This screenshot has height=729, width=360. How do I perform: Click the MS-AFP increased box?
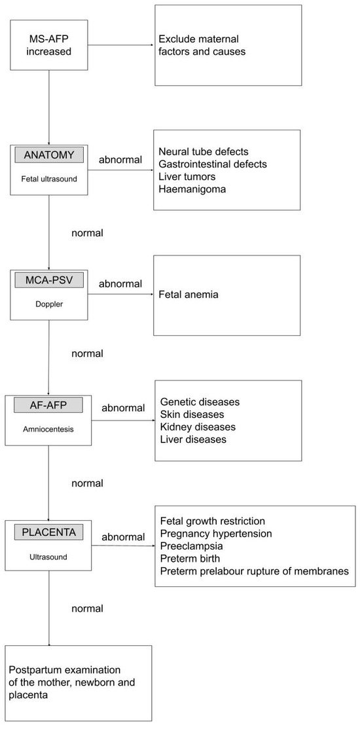click(x=49, y=45)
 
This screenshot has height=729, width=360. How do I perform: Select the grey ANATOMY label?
click(x=50, y=156)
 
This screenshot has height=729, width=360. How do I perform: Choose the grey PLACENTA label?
click(x=49, y=532)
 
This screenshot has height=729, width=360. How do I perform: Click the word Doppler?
click(x=50, y=305)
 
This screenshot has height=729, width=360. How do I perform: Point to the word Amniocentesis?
click(x=49, y=430)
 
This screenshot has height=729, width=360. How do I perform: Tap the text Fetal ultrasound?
click(x=50, y=179)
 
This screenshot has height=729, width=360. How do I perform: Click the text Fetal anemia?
click(x=189, y=295)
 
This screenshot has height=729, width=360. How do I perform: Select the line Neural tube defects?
click(x=203, y=151)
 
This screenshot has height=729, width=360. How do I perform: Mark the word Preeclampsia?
click(x=191, y=546)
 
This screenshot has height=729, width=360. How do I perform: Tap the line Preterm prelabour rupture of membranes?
click(x=254, y=571)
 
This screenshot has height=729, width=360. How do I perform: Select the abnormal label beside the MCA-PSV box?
click(x=120, y=284)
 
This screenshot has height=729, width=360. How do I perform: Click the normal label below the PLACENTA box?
click(x=86, y=608)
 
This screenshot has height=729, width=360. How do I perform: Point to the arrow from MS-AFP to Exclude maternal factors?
click(x=121, y=45)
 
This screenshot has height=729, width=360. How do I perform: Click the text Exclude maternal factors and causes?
click(x=202, y=45)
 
